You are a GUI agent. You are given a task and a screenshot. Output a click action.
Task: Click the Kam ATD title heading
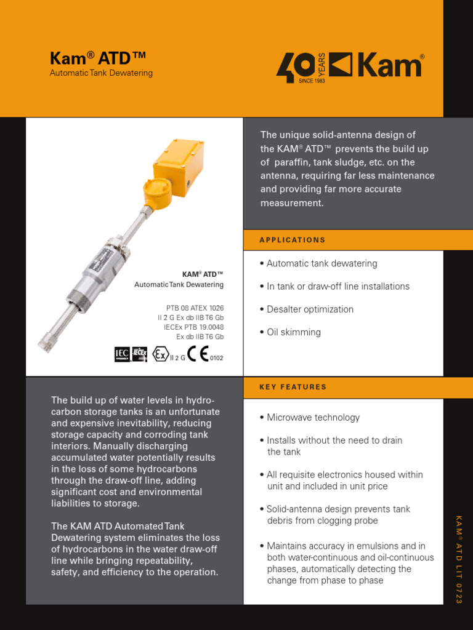coord(97,58)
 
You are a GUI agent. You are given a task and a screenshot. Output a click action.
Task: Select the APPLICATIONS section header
coord(293,240)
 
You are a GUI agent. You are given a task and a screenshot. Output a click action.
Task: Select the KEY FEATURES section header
coord(293,387)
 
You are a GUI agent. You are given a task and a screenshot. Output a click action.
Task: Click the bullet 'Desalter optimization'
coord(310,309)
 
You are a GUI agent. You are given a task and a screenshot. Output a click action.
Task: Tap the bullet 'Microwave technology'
coord(313,418)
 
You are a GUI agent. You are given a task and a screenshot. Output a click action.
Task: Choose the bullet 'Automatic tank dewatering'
coord(321,263)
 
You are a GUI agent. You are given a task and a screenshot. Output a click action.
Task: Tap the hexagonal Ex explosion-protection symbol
coord(160,354)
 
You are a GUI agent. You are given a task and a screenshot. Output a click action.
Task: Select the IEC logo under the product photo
coord(122,354)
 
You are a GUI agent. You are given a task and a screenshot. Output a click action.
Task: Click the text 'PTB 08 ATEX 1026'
coord(195,308)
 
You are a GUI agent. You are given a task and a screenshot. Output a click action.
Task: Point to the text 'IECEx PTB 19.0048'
coord(193,327)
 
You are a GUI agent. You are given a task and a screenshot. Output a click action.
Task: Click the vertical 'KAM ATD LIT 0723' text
coord(458,559)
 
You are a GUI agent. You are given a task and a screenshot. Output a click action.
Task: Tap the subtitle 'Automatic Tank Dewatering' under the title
coord(101,73)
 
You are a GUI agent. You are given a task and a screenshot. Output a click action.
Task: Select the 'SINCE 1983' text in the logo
coord(311,81)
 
